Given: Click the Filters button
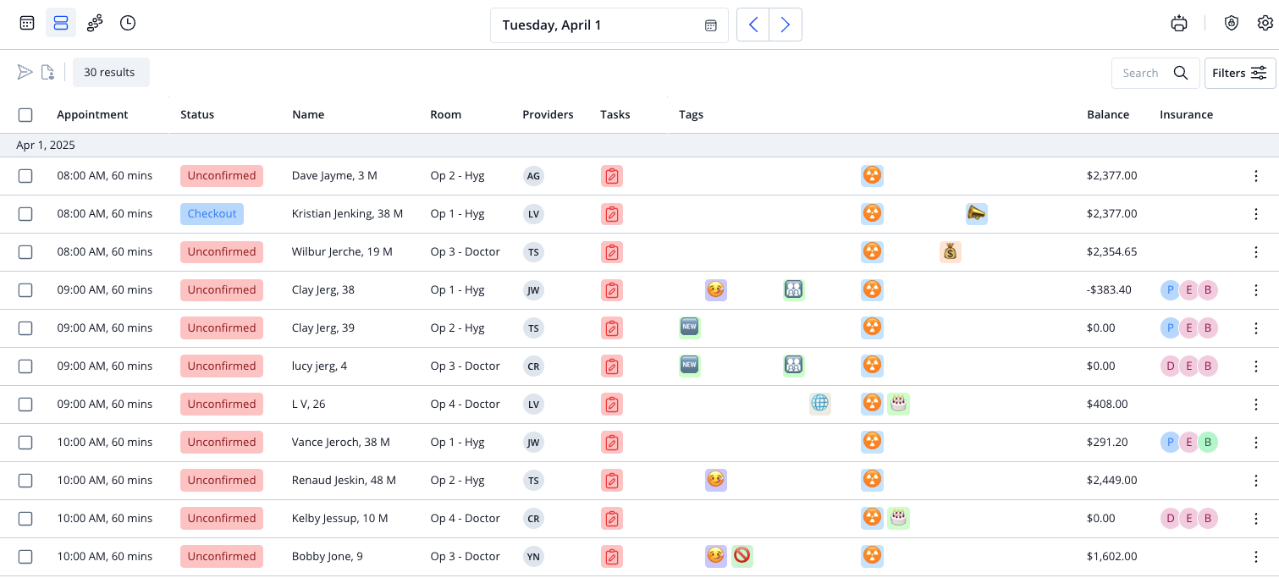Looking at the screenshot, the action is [1239, 73].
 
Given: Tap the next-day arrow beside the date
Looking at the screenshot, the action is [786, 25].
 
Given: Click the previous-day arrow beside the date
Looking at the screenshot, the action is [753, 25].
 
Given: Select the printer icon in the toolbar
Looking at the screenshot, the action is [1178, 24].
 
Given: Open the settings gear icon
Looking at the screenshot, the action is [1265, 23].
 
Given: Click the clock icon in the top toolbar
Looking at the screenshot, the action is [127, 23].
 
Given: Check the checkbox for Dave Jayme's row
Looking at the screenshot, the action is [25, 176].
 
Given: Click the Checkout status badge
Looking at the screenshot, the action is [212, 214].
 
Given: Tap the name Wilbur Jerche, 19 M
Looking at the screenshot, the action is [342, 251].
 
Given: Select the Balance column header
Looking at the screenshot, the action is [1108, 114].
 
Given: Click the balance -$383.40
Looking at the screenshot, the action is [1109, 290].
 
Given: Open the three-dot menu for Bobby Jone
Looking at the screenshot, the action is [1255, 556].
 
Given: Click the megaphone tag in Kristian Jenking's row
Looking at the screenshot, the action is [976, 214].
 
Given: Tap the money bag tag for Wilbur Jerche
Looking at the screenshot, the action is [950, 251].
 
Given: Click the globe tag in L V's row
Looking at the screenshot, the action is [820, 404].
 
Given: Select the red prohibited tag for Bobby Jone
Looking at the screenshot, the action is [741, 556].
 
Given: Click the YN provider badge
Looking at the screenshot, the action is [533, 556].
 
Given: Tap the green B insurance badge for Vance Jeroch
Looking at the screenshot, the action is [1208, 443].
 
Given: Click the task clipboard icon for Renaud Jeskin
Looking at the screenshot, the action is [611, 481].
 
